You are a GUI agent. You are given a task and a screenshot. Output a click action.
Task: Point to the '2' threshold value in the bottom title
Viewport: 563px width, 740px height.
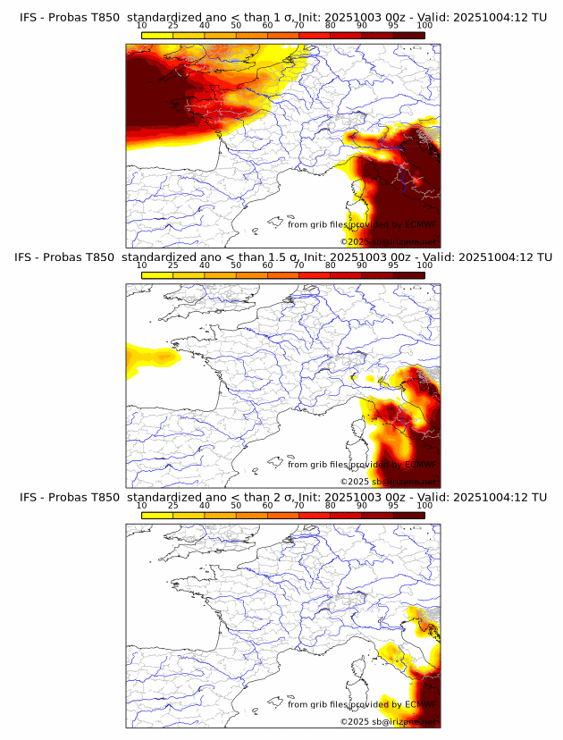[279, 497]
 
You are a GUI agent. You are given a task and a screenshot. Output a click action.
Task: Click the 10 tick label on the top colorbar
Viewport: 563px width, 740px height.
[142, 26]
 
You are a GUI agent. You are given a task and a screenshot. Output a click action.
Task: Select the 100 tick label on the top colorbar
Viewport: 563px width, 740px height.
[424, 26]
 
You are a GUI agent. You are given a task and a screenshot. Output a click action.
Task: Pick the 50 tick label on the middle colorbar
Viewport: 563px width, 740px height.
[236, 265]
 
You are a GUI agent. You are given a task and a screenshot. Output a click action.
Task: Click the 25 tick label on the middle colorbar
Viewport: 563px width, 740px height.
[173, 265]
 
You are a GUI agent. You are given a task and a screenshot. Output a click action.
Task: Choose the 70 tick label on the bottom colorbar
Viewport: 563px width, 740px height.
[299, 505]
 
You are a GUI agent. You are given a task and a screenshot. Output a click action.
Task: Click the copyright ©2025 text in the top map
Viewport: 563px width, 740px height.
[356, 241]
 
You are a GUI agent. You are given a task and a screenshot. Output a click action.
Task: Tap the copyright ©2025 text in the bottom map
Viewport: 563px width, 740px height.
[356, 720]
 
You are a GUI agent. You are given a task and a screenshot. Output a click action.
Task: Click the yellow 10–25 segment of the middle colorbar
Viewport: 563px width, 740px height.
[157, 274]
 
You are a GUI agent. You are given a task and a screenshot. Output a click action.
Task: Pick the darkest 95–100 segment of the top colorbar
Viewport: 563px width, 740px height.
[409, 35]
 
